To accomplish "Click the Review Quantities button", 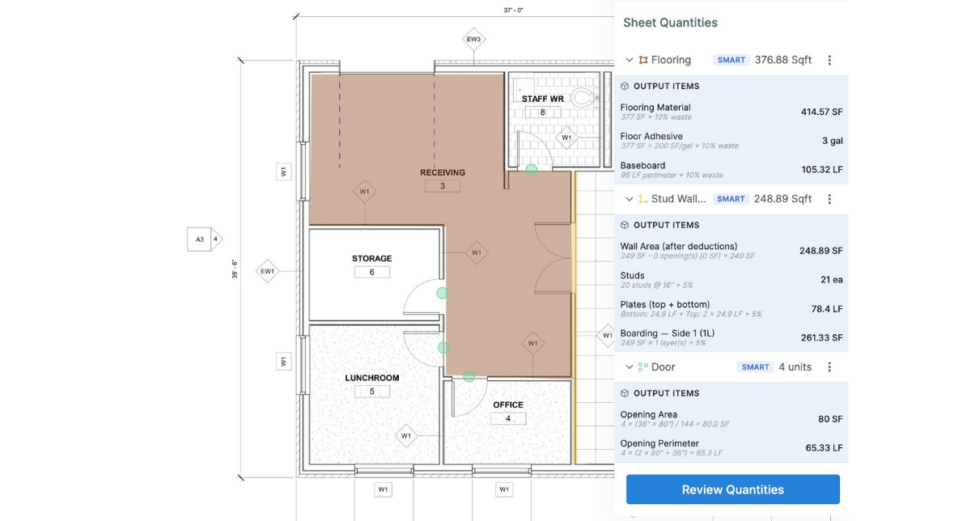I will (732, 489).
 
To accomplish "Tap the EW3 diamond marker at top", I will (473, 39).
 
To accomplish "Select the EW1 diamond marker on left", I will (267, 271).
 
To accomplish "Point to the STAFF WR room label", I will (542, 99).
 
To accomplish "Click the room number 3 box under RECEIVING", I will (443, 186).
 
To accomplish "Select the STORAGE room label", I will (371, 259).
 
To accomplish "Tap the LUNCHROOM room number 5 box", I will (372, 392).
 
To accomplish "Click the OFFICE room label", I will (508, 405).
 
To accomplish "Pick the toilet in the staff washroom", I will (582, 99).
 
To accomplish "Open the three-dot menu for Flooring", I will (829, 60).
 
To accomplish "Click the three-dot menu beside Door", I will (829, 367).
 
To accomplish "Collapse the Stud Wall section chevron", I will (630, 199).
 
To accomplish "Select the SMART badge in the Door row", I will (755, 367).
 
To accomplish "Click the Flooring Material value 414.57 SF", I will (821, 112).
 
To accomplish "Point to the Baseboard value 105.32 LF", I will (821, 170).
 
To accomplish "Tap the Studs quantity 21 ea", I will (831, 280).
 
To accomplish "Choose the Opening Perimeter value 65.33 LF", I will (824, 448).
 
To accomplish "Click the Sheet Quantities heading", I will (670, 23).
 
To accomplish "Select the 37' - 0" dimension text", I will (513, 11).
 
